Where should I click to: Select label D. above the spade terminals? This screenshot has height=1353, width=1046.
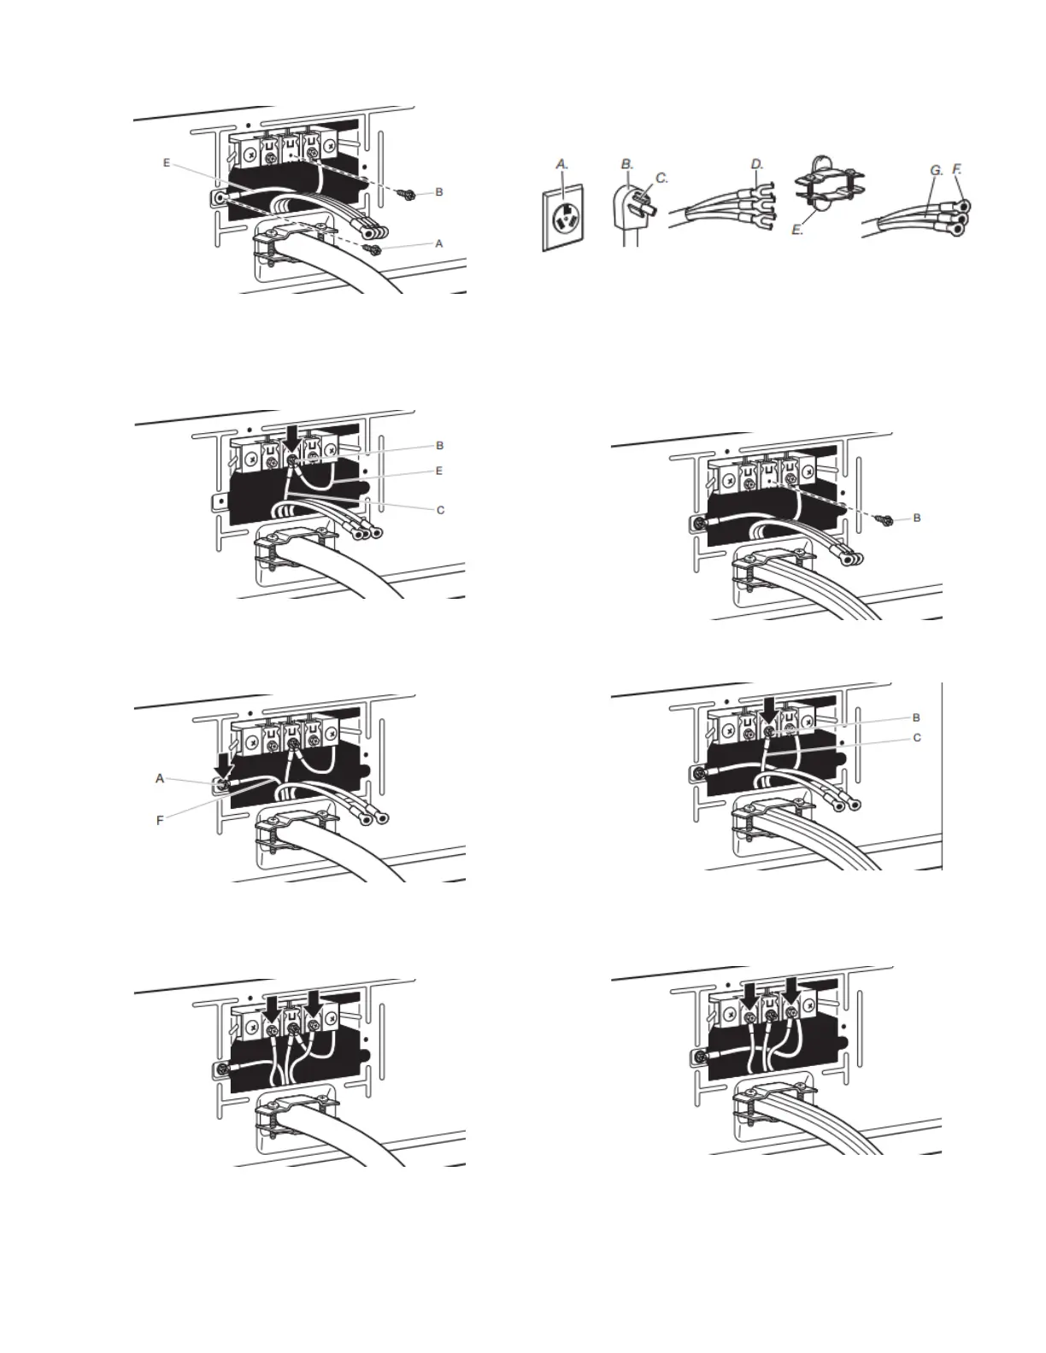tap(757, 162)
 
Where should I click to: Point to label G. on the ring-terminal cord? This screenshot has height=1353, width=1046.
tap(936, 171)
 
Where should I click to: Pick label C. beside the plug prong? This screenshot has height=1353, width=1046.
tap(661, 179)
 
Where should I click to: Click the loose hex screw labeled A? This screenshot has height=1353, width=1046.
tap(371, 249)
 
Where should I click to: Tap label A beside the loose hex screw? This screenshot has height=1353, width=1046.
tap(439, 243)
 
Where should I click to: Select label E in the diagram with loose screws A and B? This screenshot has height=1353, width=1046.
tap(166, 161)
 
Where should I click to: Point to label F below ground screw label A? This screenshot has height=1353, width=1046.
tap(159, 821)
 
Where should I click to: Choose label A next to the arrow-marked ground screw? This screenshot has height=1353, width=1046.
tap(159, 778)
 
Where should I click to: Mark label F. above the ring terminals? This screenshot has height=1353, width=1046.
tap(958, 170)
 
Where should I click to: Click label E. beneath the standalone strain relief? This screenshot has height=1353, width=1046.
tap(797, 230)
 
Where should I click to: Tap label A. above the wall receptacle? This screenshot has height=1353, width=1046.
tap(561, 162)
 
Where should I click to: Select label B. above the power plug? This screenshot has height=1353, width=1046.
tap(626, 162)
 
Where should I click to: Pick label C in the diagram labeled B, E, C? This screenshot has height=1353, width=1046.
tap(440, 510)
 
